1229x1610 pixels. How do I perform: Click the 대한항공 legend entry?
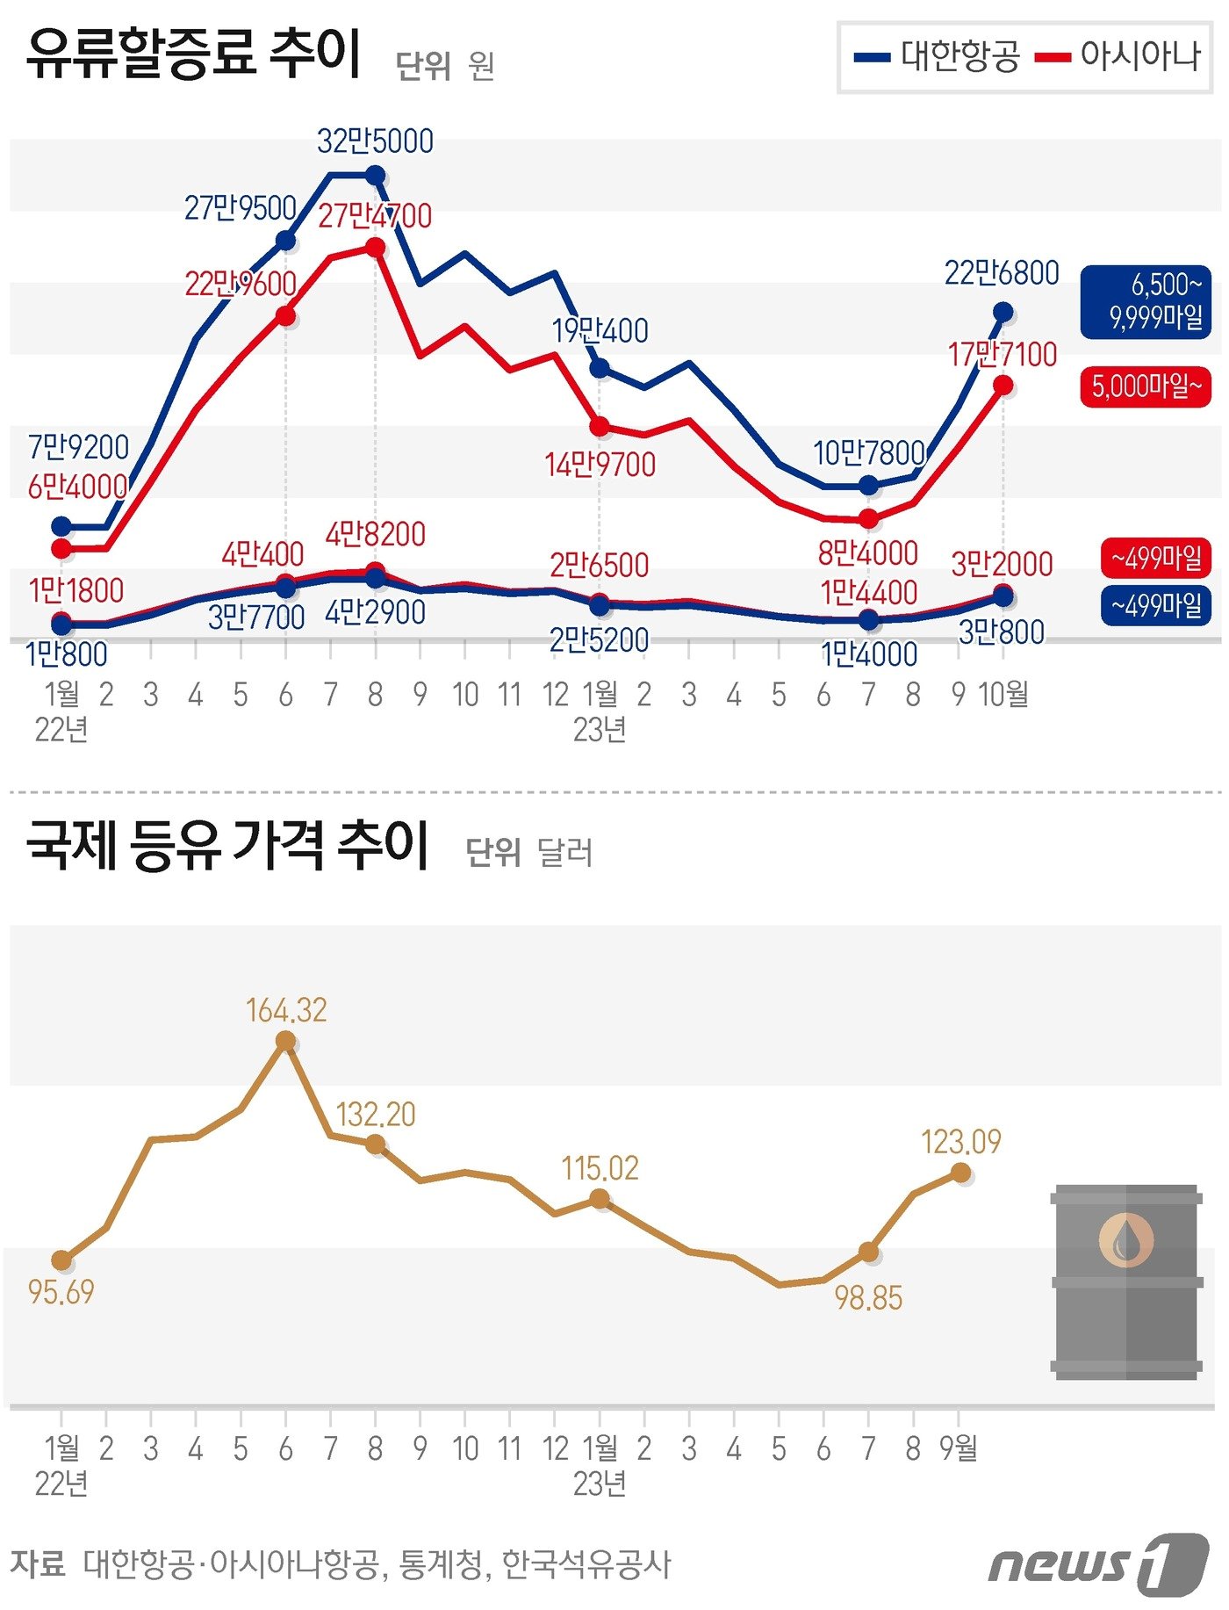(938, 57)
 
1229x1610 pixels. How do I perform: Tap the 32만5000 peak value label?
(375, 141)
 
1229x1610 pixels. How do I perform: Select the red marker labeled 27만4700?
(375, 248)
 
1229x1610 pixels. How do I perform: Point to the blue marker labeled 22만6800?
(1003, 312)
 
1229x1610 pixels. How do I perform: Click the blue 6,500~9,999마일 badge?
(1146, 301)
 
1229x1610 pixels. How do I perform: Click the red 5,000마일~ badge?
(1146, 386)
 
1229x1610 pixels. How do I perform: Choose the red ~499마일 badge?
(1155, 558)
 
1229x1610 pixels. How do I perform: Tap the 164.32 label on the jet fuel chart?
(286, 1010)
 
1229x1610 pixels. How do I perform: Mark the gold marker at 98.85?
(868, 1252)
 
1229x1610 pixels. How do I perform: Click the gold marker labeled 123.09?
(960, 1173)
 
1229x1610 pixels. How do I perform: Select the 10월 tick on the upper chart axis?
(1003, 694)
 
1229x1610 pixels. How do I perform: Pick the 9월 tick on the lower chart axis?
(958, 1448)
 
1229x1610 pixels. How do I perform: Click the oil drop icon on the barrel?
(1125, 1240)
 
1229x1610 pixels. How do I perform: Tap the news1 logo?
(1097, 1565)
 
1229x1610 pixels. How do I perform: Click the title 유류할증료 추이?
(193, 54)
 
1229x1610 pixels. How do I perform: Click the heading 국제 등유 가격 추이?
(227, 845)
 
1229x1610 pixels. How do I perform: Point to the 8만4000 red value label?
(867, 553)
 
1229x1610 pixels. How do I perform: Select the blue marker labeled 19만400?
(600, 367)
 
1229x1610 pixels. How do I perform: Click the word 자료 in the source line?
(38, 1563)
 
